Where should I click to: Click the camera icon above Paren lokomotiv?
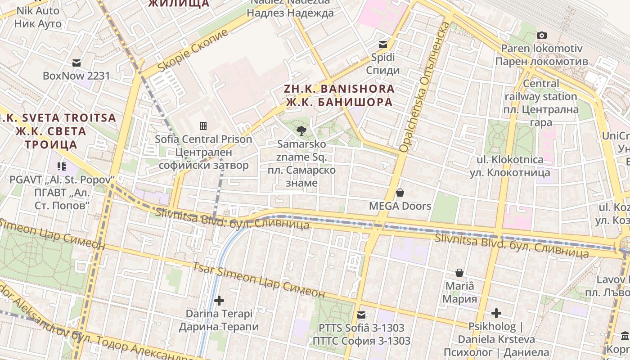point(542,35)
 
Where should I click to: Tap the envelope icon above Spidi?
point(383,44)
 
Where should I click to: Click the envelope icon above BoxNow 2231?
point(76,63)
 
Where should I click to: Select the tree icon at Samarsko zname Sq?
point(301,131)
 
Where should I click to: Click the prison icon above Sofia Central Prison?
point(203,126)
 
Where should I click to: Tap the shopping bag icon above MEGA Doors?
point(400,193)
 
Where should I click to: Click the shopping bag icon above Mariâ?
point(459,273)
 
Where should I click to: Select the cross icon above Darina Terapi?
point(219,300)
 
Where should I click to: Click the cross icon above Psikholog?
point(496,313)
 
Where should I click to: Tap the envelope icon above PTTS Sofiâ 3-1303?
point(361,315)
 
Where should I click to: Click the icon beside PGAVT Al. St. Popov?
point(62,166)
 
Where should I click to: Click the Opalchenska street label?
point(424,85)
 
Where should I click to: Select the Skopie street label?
point(193,51)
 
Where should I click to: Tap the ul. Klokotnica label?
point(510,166)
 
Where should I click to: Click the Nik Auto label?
point(37,17)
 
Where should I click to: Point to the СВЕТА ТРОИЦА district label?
point(51,131)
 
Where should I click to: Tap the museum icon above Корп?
point(625,336)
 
